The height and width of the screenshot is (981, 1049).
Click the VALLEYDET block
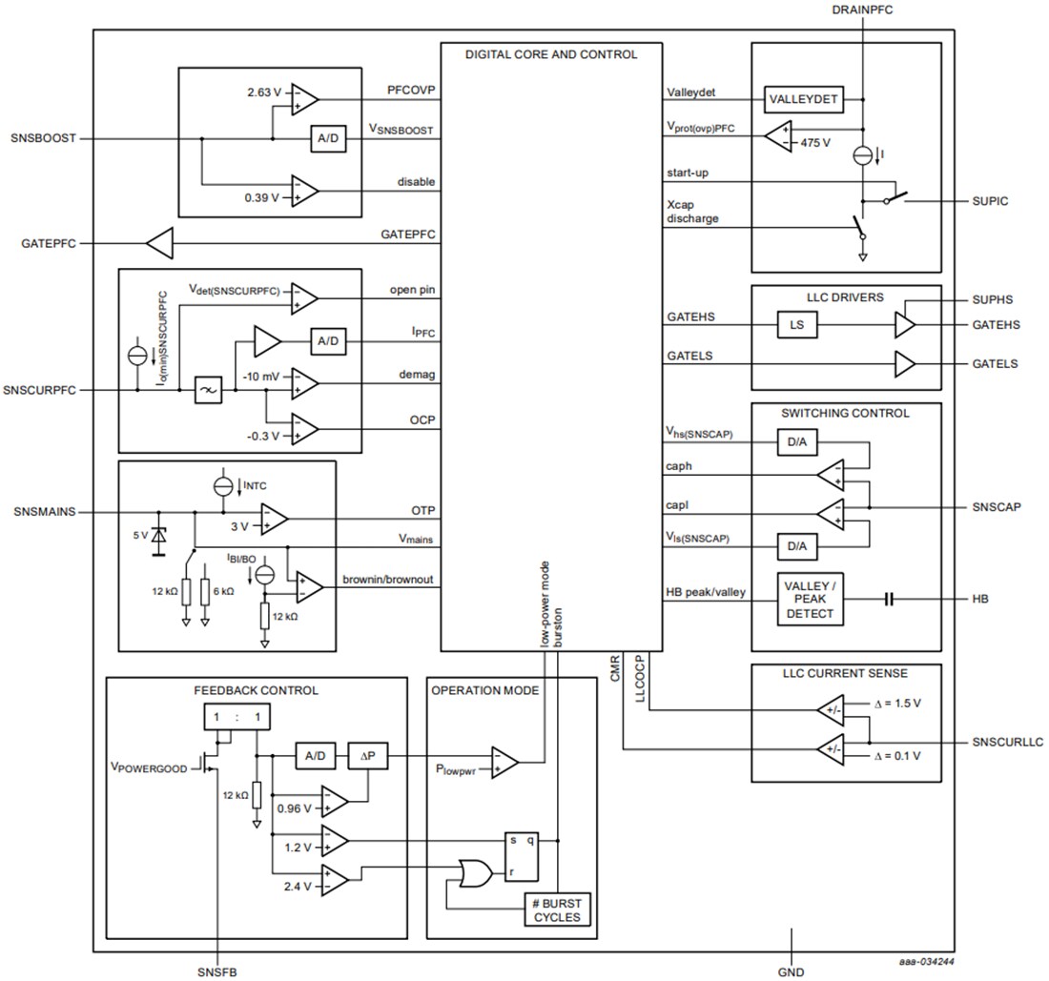coord(804,99)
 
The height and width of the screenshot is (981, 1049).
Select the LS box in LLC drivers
coord(797,325)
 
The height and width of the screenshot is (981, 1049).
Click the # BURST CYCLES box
coord(557,909)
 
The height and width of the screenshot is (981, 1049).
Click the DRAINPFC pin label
coord(861,10)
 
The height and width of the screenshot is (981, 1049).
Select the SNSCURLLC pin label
coord(1008,741)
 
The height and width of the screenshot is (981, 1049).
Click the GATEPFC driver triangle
coord(160,244)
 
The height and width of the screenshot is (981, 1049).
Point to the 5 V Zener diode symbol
coord(158,540)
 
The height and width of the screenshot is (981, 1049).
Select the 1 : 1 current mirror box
coord(230,717)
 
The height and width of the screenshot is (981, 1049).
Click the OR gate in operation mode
coord(474,871)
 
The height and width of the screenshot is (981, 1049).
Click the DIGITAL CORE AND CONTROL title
coord(550,54)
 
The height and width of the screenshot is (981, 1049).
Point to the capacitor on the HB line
coord(889,599)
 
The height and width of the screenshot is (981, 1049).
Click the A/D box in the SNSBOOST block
coord(326,139)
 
